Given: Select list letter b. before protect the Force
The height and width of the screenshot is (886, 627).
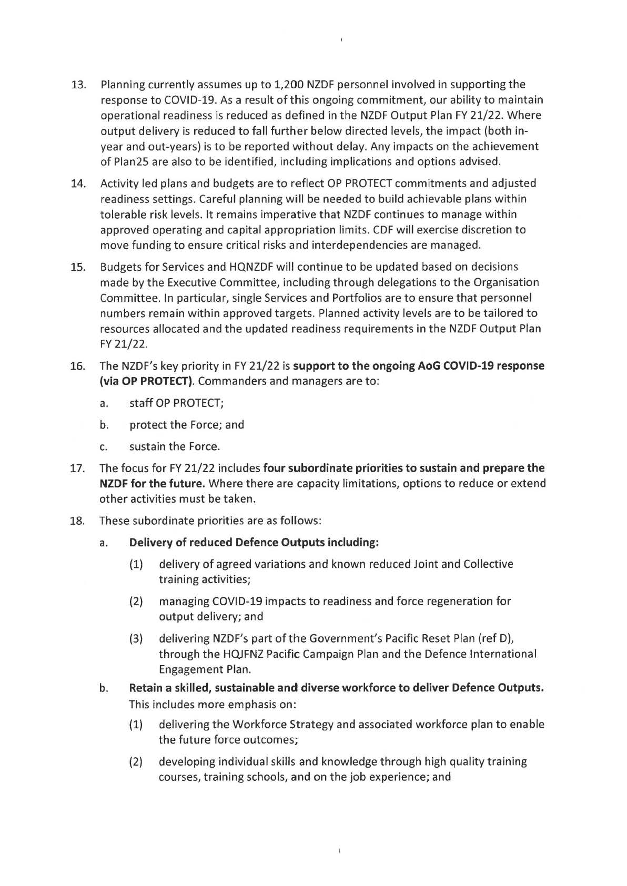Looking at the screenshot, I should [x=104, y=425].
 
